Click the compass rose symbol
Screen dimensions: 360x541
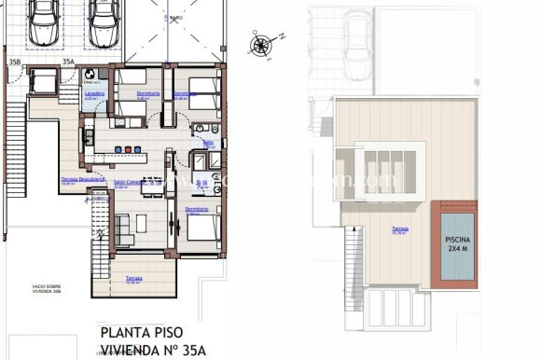(x=262, y=43)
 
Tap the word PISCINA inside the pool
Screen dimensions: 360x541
(x=457, y=239)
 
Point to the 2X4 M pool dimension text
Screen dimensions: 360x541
(x=457, y=250)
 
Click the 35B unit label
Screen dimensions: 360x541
(x=14, y=62)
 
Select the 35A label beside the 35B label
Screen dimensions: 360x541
(x=67, y=62)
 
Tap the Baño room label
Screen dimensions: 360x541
(x=208, y=143)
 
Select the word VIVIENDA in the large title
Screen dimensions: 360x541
(x=131, y=351)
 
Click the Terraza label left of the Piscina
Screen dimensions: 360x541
(x=399, y=228)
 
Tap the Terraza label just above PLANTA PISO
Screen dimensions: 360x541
(x=134, y=278)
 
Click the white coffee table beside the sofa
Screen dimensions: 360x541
(x=141, y=223)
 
